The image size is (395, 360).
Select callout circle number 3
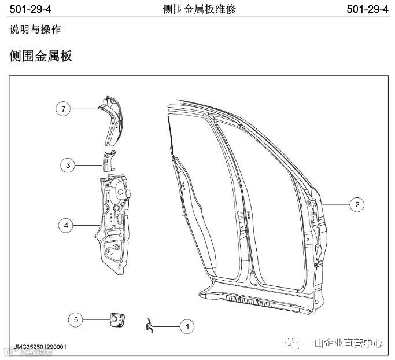68,166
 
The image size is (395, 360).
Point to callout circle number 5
76,318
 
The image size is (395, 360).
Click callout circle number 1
186,327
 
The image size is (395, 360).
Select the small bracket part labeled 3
109,161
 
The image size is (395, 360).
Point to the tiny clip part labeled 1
150,326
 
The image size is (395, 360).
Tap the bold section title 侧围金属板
40,56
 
